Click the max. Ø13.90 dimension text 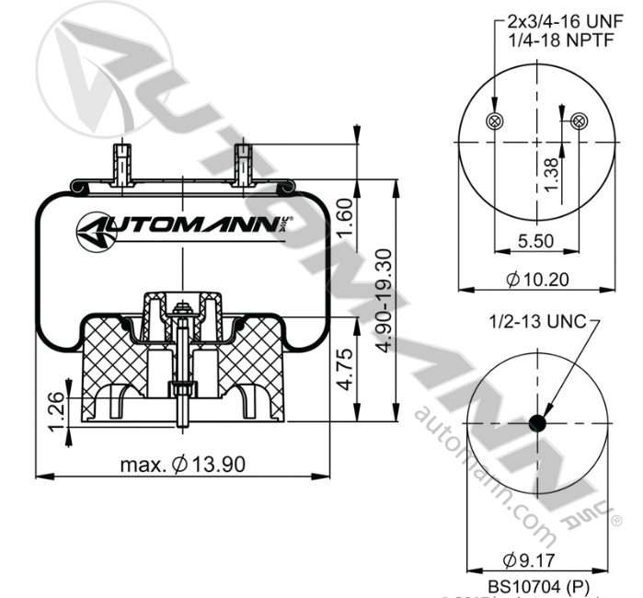coord(183,464)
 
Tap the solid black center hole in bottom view coord(537,422)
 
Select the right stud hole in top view coord(579,121)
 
